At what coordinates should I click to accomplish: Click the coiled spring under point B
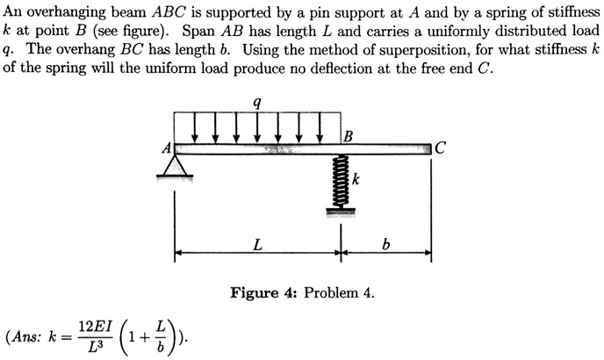click(x=339, y=181)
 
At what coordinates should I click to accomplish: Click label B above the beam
click(x=349, y=135)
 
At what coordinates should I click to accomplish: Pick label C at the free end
click(x=441, y=148)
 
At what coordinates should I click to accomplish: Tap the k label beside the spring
click(x=357, y=179)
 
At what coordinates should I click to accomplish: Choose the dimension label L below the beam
click(x=256, y=243)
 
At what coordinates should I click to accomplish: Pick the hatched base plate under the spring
click(x=339, y=210)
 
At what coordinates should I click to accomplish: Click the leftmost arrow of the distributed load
click(x=194, y=126)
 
